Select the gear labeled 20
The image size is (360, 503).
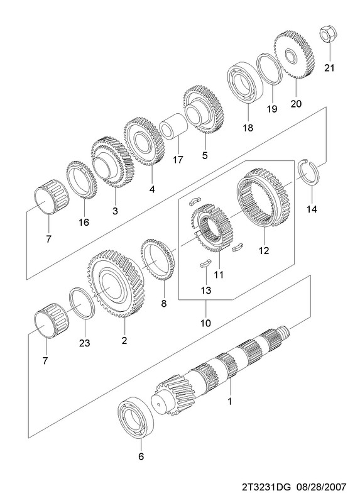[294, 55]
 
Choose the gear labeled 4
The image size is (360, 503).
[144, 141]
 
